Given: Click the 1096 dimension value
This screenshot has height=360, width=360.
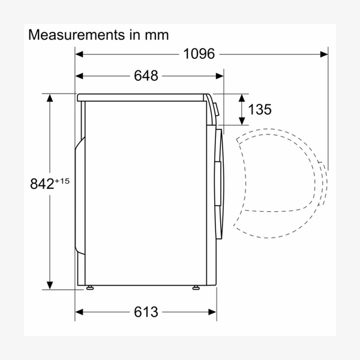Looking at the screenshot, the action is click(x=199, y=54).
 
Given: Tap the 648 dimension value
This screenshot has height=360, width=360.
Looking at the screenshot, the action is click(x=146, y=76).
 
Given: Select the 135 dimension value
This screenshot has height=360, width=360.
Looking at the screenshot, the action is click(x=260, y=109).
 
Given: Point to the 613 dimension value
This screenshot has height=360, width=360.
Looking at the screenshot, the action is click(x=146, y=312).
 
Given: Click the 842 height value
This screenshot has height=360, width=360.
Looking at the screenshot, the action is click(x=42, y=184).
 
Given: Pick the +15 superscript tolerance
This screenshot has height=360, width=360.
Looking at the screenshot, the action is click(x=62, y=181).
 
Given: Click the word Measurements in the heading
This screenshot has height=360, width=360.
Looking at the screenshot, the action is click(x=76, y=35).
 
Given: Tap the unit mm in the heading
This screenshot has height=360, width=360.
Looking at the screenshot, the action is click(x=157, y=36).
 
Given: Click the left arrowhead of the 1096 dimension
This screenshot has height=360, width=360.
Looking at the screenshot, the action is click(x=79, y=55).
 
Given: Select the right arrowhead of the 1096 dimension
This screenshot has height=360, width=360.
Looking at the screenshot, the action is click(x=324, y=55).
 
